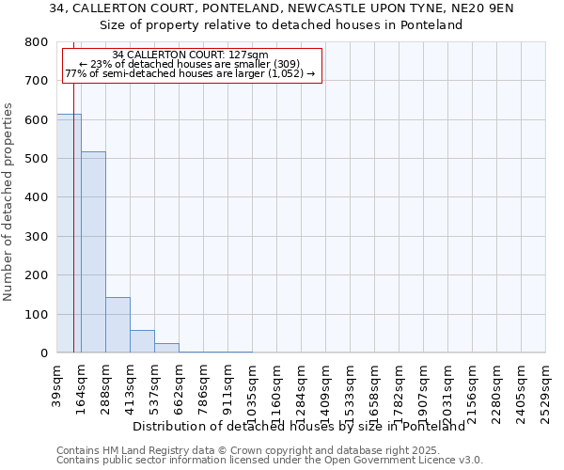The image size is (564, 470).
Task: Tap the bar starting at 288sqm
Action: (117, 324)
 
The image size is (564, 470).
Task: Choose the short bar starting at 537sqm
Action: (166, 348)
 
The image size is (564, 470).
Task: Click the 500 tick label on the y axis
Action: (37, 159)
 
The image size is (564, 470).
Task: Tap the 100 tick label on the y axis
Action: (37, 314)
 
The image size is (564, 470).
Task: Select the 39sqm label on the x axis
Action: (57, 384)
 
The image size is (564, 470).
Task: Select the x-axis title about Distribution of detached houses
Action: (299, 426)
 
